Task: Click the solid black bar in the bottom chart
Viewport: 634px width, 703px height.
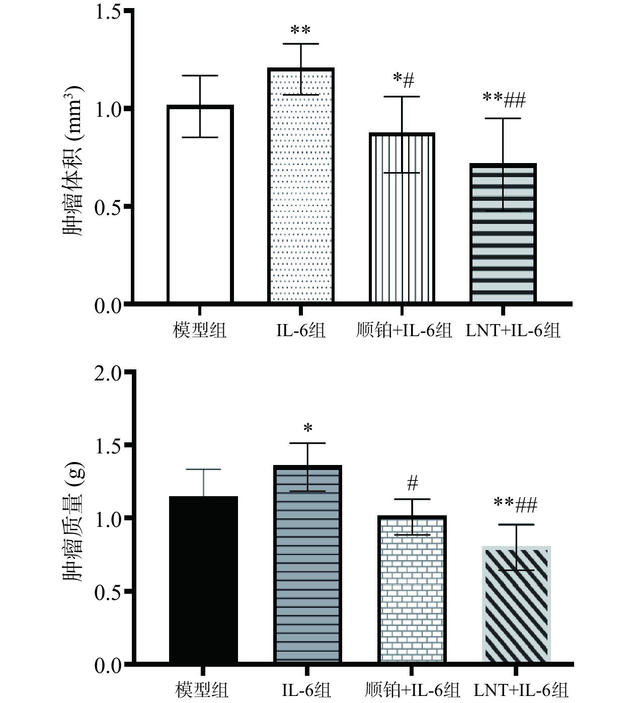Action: (x=203, y=579)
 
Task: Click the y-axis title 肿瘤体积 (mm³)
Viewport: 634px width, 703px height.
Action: (x=73, y=162)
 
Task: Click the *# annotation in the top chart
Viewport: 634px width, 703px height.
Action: (x=403, y=80)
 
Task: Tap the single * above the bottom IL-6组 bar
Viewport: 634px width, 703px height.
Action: (x=308, y=429)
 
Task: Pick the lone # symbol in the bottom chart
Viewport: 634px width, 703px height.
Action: (x=412, y=484)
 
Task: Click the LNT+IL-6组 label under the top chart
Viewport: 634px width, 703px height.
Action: (x=513, y=331)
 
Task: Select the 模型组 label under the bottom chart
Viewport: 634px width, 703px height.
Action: (x=202, y=690)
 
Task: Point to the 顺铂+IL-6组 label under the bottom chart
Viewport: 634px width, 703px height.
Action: (x=412, y=690)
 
